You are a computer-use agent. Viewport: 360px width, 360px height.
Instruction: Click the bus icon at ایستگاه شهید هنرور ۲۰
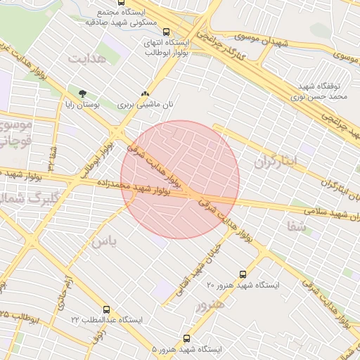tap(243, 274)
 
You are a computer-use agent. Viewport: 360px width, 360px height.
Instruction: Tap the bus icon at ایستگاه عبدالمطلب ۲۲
tap(106, 309)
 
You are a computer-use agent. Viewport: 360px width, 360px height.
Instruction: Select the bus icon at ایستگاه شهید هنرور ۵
tap(186, 338)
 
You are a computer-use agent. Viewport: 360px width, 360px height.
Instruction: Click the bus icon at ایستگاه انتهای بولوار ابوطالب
tap(167, 32)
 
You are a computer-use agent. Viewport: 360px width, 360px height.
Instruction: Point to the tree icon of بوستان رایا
tap(82, 94)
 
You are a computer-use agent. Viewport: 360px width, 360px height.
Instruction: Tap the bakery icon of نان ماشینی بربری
tap(145, 94)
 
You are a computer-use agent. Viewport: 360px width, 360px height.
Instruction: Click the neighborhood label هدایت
tap(87, 59)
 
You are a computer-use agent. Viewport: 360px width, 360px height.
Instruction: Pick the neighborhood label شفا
tap(297, 226)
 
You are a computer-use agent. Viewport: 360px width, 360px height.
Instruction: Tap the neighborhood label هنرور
tap(210, 305)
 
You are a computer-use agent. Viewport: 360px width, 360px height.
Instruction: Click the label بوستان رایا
tap(103, 103)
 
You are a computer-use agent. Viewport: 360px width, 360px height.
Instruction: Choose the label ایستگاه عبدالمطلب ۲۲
tap(106, 320)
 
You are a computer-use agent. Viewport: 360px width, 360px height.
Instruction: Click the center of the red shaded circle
tap(180, 180)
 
